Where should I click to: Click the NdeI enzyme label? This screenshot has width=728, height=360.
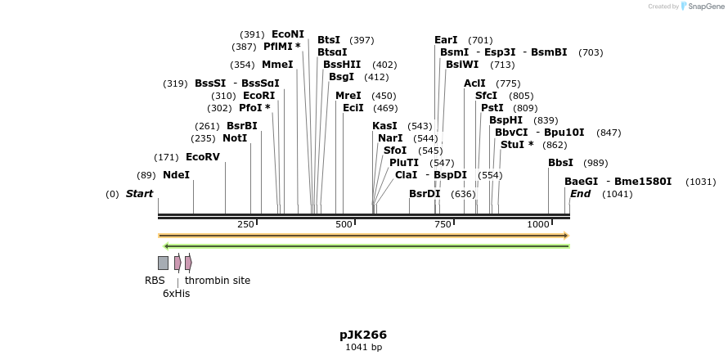point(176,175)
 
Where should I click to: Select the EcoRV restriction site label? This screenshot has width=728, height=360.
point(202,157)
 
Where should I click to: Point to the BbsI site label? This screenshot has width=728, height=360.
point(560,163)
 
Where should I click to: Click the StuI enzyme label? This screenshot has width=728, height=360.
point(513,145)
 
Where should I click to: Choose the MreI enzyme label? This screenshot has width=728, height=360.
point(348,96)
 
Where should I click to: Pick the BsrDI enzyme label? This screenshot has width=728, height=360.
point(425,194)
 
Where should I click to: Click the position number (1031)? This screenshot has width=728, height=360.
point(700,182)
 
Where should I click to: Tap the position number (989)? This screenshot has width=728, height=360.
point(595,163)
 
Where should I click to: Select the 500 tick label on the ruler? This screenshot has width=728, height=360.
point(343,224)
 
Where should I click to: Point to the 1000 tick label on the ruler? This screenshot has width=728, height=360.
point(537,224)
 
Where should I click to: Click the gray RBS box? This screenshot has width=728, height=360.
point(163,263)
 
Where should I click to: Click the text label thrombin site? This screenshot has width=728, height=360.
point(218,281)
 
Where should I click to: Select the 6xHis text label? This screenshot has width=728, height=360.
point(176,294)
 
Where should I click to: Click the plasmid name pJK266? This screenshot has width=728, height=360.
point(363,335)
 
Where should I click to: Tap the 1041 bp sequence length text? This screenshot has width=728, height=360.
point(363,348)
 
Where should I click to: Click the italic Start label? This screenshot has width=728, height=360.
point(139,194)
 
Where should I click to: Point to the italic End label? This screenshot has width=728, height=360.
point(580,194)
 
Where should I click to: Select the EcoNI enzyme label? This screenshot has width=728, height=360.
point(287,34)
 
